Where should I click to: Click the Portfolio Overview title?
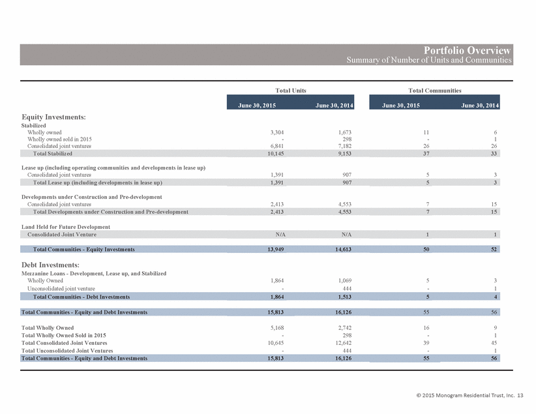pos(467,50)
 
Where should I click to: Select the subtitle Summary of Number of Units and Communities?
pos(429,60)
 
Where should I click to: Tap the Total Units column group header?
pos(291,90)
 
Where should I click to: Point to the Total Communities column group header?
pos(434,90)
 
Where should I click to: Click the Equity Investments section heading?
pos(53,117)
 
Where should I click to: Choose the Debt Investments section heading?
pos(51,265)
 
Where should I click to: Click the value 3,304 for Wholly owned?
pos(277,132)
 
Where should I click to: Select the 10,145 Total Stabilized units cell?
pos(276,153)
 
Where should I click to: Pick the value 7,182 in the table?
pos(344,146)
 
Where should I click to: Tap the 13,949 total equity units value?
pos(276,249)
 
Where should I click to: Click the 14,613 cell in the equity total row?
pos(343,249)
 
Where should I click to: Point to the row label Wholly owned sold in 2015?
pos(59,139)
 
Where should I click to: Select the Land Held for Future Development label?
pos(66,227)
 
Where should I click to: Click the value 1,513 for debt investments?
pos(344,297)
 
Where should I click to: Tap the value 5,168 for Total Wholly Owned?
pos(277,327)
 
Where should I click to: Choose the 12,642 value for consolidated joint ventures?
pos(343,343)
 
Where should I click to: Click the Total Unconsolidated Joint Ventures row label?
pos(67,350)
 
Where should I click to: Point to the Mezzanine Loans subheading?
pos(94,273)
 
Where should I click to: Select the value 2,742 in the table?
pos(344,327)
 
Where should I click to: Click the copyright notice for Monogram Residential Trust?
pos(469,395)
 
